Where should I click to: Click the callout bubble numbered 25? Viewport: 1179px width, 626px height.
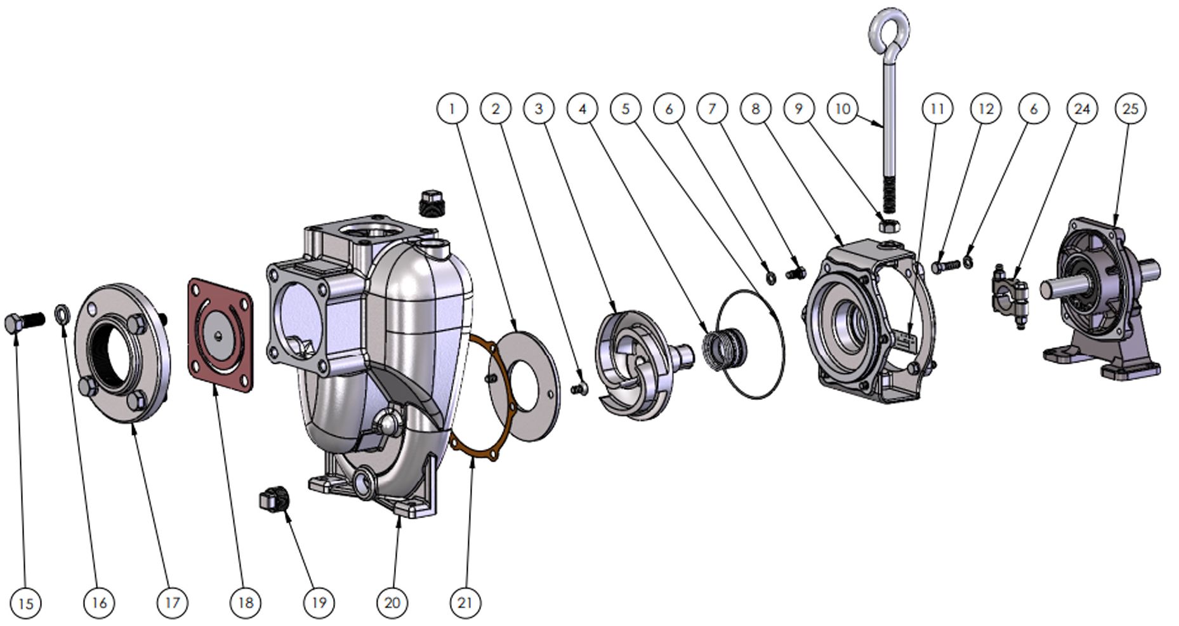tap(1130, 109)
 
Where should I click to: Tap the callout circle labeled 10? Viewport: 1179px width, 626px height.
tap(843, 109)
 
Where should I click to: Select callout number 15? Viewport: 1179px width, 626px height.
tap(26, 603)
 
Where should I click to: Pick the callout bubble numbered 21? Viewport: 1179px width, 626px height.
tap(465, 602)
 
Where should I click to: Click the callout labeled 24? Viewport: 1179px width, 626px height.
tap(1082, 109)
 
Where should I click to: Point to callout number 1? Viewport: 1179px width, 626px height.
tap(452, 109)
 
